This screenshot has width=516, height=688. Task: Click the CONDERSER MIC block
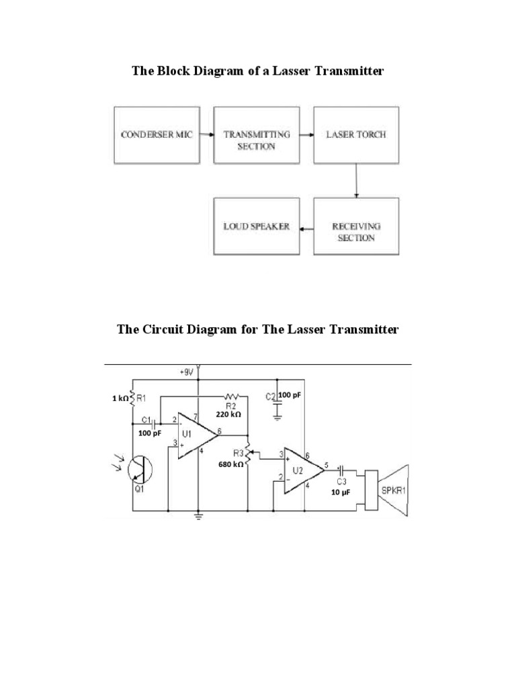coord(157,134)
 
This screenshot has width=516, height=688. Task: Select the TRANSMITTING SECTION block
coord(256,134)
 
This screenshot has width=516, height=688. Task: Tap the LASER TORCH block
coord(356,134)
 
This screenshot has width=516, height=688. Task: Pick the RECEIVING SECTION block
coord(356,226)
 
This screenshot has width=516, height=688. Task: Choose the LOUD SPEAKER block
coord(256,226)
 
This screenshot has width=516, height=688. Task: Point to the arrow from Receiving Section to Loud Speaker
coord(306,229)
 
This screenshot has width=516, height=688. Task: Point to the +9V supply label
coord(187,371)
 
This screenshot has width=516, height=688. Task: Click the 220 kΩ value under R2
coord(228,415)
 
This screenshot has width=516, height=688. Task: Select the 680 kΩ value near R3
coord(229,464)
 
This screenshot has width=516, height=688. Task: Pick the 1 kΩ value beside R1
coord(120,398)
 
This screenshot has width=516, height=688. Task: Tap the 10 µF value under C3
coord(339,492)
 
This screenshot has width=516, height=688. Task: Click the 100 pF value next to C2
coord(290,395)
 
